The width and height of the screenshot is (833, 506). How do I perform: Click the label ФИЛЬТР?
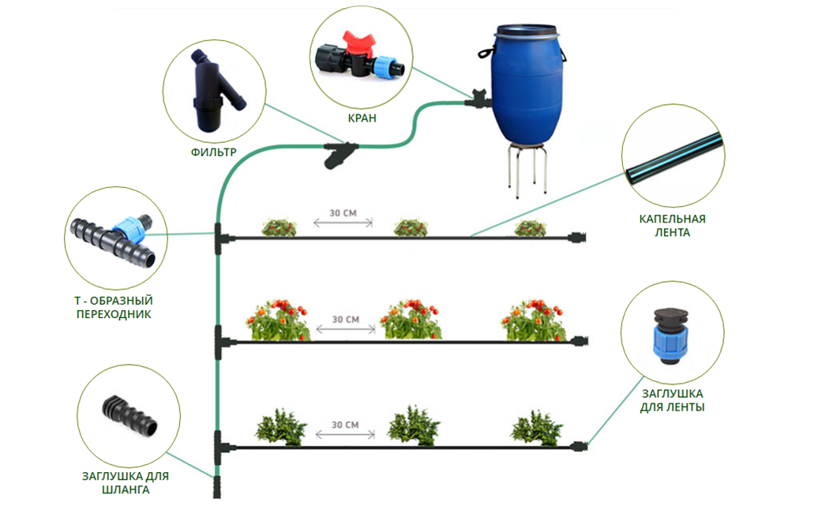point(213,151)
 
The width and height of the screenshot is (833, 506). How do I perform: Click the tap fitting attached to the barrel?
point(476,99)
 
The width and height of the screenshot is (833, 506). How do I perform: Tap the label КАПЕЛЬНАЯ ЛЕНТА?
point(672,225)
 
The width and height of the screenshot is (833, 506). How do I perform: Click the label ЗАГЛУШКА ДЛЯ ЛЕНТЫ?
point(673,400)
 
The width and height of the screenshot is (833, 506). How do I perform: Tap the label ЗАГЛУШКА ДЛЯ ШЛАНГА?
point(126,483)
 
